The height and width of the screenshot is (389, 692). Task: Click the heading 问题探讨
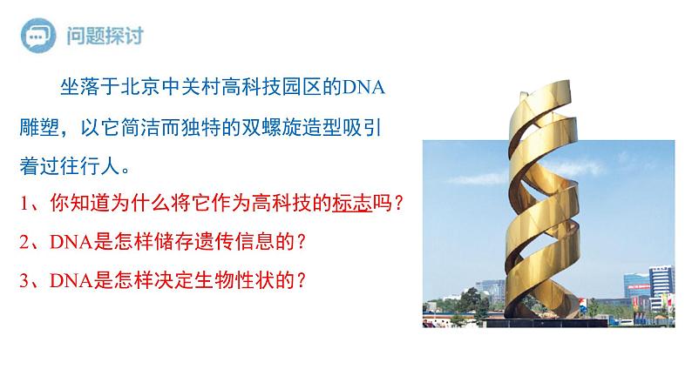(105, 37)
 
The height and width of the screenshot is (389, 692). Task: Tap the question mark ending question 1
(399, 204)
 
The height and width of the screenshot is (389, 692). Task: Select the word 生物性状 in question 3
(219, 280)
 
